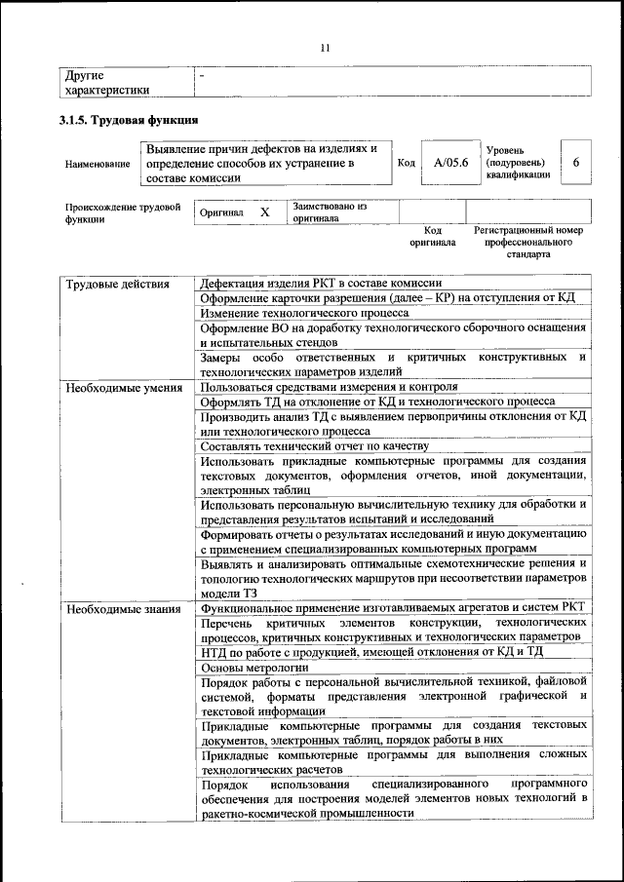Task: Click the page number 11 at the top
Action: pyautogui.click(x=326, y=48)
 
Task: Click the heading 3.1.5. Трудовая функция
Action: pyautogui.click(x=129, y=121)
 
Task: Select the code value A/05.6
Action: pyautogui.click(x=451, y=163)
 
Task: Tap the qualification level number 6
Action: pyautogui.click(x=575, y=163)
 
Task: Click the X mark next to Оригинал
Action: pyautogui.click(x=264, y=211)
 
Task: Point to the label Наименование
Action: pyautogui.click(x=97, y=164)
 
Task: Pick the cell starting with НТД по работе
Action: pyautogui.click(x=371, y=651)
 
